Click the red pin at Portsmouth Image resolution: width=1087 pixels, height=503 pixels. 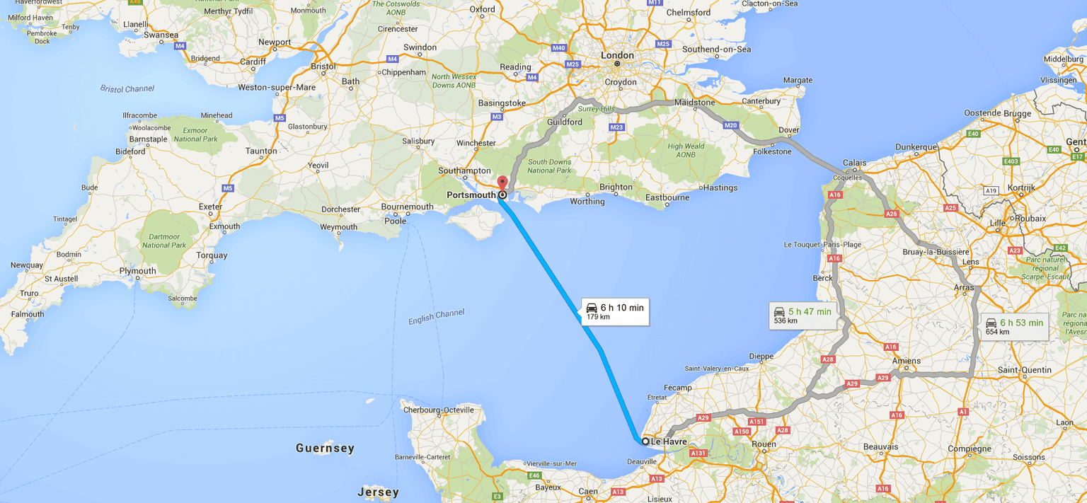tap(502, 183)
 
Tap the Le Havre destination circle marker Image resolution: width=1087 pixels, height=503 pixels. tap(645, 441)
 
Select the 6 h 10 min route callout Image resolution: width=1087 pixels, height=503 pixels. tap(615, 311)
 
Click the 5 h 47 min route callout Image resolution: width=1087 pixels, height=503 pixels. tap(803, 315)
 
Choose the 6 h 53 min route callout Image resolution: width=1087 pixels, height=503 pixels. tap(1014, 326)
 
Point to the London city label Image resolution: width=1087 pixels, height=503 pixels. tap(617, 55)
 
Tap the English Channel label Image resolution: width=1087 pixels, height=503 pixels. tap(436, 317)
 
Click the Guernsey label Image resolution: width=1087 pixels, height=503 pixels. tap(325, 448)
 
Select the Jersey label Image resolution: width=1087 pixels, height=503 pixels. tap(378, 492)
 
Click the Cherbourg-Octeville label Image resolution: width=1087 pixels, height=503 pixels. tap(438, 410)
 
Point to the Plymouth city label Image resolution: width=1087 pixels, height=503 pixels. tap(137, 271)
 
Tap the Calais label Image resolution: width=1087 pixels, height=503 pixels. tap(854, 163)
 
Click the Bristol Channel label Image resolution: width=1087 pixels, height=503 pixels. tap(127, 89)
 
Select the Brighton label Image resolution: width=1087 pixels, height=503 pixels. tap(616, 187)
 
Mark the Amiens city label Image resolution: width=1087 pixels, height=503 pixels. tap(906, 361)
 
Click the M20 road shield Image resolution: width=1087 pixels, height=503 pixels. tap(730, 125)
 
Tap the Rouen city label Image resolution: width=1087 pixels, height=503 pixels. tap(764, 444)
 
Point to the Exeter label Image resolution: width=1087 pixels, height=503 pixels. tap(210, 207)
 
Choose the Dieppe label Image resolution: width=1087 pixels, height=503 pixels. tap(761, 356)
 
